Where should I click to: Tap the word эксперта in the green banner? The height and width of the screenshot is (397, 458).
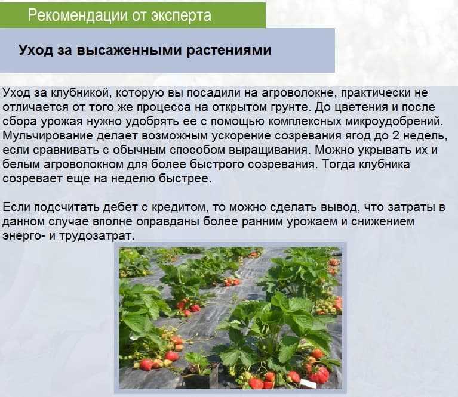(184, 15)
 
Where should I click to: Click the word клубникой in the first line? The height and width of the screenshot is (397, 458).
(80, 94)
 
